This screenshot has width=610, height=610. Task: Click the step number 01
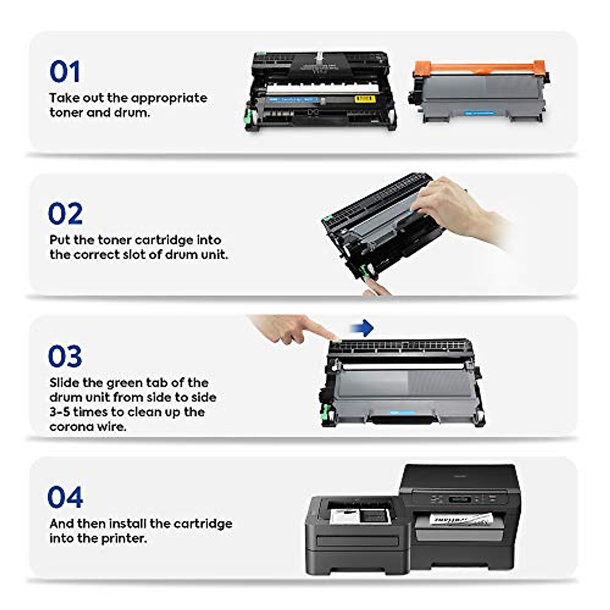coord(65,72)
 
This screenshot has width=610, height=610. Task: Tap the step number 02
coord(65,214)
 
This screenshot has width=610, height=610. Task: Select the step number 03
coord(65,356)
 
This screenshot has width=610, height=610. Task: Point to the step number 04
coord(65,498)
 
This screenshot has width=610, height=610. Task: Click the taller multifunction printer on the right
coord(460,513)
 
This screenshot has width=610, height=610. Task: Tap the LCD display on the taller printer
coord(460,500)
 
